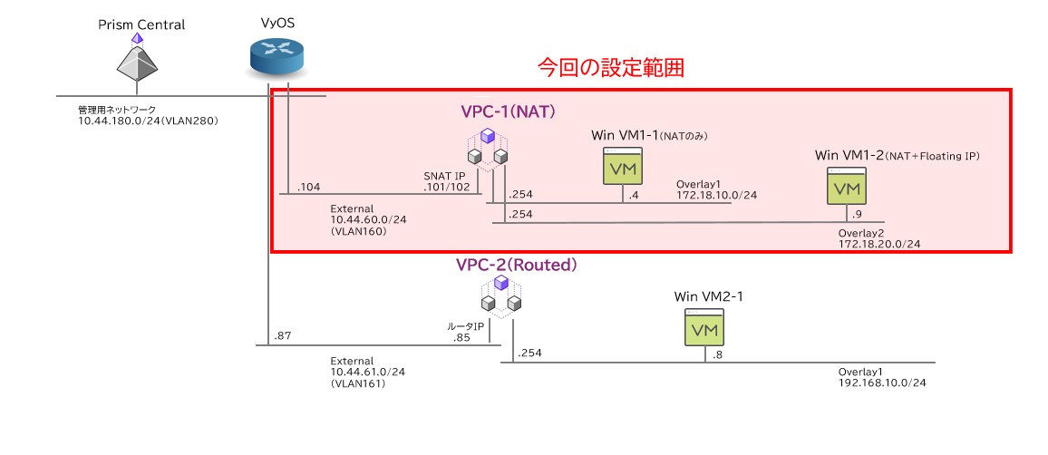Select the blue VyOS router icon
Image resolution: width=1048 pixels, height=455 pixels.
(x=277, y=57)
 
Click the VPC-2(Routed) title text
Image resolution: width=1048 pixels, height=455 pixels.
(x=517, y=265)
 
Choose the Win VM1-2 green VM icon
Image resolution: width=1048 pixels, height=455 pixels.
(x=848, y=188)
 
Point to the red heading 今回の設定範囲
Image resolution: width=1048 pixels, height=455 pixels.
(x=610, y=68)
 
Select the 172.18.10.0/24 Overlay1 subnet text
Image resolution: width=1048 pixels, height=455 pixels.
(x=716, y=195)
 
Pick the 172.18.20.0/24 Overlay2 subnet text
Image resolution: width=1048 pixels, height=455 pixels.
(x=879, y=245)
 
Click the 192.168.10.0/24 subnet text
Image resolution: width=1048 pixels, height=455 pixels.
(x=883, y=382)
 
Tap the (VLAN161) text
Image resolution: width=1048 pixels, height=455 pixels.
(x=358, y=383)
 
